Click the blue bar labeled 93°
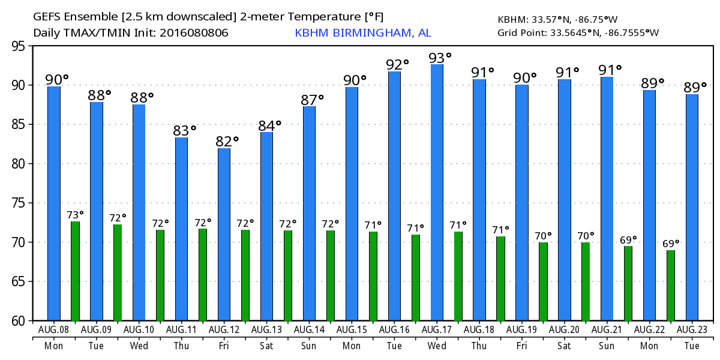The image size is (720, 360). coord(437,192)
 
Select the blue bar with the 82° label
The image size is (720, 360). coord(224,234)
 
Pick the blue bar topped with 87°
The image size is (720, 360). coord(309,213)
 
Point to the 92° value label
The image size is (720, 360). coord(397,64)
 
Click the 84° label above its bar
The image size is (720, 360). coord(269,125)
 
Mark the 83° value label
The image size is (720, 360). coord(185,131)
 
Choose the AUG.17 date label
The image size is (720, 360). coord(437,331)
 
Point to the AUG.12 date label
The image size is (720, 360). coord(224,331)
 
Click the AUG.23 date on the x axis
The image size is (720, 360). coord(692,331)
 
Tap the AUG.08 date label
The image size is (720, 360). coord(54,331)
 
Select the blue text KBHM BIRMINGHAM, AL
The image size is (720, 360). coord(362,33)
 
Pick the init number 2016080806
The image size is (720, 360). coord(193,33)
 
